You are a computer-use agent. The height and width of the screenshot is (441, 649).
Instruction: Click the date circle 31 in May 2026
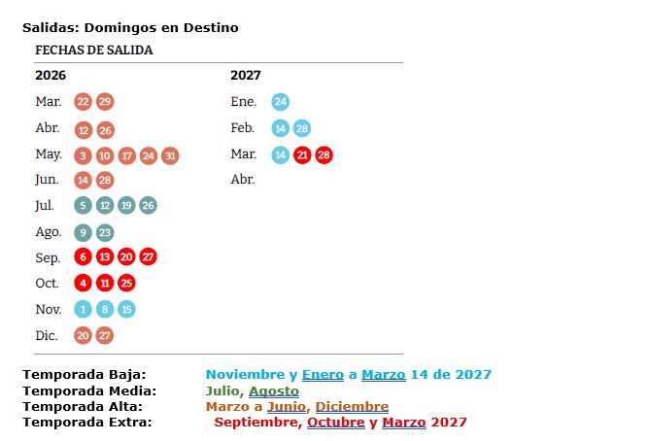pos(170,154)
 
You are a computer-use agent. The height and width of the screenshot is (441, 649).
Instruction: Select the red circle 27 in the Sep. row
pos(148,257)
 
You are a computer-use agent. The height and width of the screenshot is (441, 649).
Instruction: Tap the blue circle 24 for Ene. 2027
pos(280,102)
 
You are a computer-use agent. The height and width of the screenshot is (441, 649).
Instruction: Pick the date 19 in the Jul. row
pos(126,206)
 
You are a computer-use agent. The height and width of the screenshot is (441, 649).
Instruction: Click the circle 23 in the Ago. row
pos(105,232)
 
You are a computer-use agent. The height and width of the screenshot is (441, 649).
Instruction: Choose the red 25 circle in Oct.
pos(126,284)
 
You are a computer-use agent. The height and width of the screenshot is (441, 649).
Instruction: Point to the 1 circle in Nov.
pos(84,309)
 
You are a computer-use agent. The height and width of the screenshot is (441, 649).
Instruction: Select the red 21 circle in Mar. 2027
pos(302,154)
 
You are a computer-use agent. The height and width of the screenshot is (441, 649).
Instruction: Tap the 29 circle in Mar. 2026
pos(105,102)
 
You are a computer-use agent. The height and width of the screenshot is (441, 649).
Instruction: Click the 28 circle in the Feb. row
pos(302,128)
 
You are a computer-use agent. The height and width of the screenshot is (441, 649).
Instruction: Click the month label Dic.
pos(47,335)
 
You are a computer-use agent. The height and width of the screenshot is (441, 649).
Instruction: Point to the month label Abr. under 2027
pos(243,180)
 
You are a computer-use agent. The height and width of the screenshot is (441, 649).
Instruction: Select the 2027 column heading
pos(246,75)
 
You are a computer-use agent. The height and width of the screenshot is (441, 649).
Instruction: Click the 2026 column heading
pos(51,75)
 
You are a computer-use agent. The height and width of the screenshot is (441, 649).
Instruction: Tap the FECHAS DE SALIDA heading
pos(94,50)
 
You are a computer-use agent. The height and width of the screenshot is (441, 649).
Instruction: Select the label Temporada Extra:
pos(87,422)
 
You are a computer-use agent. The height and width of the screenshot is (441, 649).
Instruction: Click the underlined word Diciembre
pos(352,406)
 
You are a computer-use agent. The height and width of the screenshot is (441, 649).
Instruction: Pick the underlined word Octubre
pos(335,422)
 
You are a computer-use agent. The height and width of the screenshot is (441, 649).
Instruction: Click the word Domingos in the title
pos(127,27)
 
